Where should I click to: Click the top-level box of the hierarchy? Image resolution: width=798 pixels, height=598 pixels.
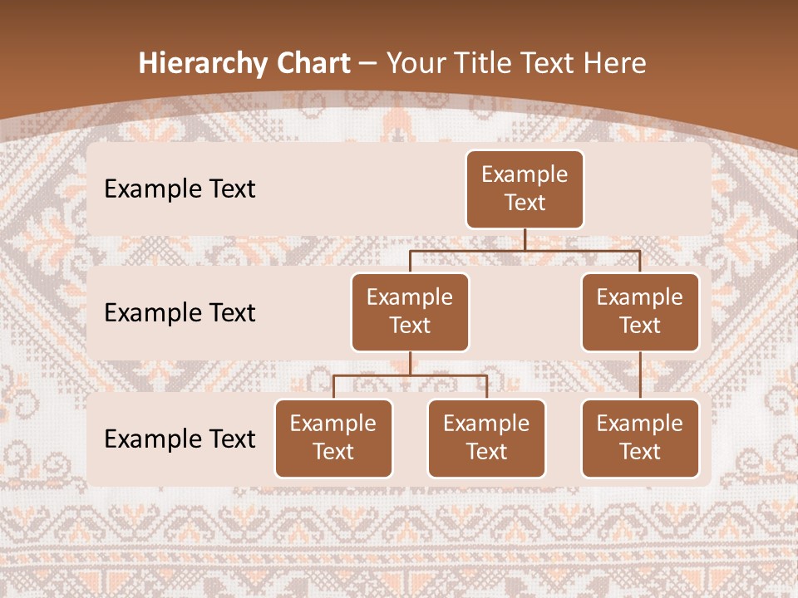pos(525,189)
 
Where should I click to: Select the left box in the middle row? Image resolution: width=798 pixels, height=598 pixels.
pos(410,311)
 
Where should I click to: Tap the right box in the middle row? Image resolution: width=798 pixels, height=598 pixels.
pos(640,311)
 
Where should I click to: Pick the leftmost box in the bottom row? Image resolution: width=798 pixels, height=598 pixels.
pos(333,438)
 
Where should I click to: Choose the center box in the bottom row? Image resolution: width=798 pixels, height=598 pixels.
pos(486,438)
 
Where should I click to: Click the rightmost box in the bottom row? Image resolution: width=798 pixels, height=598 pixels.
pos(640,438)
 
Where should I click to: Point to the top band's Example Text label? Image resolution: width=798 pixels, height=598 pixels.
pos(180,189)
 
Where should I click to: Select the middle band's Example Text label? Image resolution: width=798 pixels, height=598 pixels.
pos(180,313)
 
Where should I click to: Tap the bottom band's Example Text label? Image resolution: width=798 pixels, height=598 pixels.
pos(180,439)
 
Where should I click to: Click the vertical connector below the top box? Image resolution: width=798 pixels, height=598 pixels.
pos(525,239)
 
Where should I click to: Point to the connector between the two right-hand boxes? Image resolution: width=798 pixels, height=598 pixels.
pos(640,375)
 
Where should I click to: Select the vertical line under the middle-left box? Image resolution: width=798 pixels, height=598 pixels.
pos(410,363)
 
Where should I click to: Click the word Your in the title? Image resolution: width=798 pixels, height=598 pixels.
pos(417,64)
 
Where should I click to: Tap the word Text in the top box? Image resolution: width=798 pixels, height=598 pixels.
pos(525,203)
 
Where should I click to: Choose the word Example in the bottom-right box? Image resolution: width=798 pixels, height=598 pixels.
pos(640,424)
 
